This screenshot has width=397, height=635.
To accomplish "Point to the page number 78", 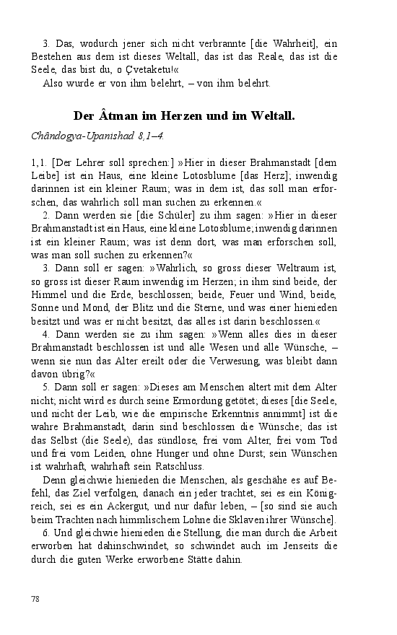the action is [36, 599].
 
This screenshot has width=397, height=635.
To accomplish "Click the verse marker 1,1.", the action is [39, 162].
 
